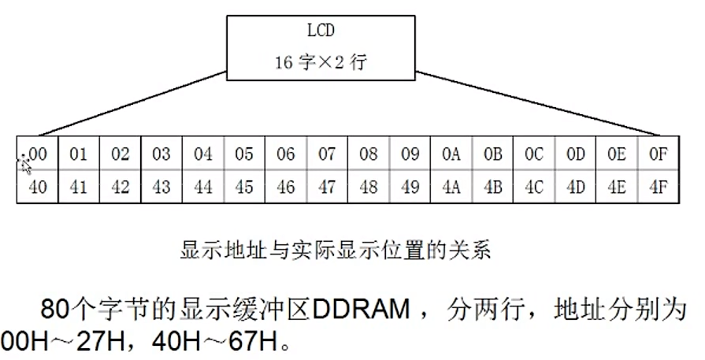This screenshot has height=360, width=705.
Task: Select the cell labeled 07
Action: (327, 154)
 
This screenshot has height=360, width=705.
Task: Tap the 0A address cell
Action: (451, 154)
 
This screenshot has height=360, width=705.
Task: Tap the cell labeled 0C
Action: (534, 154)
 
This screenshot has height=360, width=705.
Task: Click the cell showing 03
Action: (161, 154)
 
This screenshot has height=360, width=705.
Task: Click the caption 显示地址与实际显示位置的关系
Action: (335, 251)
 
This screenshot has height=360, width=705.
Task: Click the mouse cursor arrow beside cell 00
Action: (23, 163)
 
